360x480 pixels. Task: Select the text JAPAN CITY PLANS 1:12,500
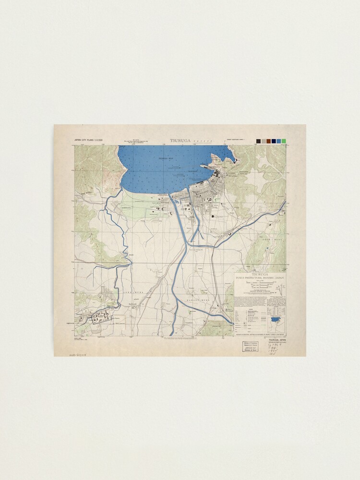(x=89, y=141)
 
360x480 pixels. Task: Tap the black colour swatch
(x=258, y=141)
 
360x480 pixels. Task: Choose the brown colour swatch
(x=269, y=141)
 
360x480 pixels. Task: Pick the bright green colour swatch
(x=284, y=141)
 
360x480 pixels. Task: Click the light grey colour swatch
(x=264, y=141)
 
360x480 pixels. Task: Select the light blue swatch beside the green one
(x=279, y=141)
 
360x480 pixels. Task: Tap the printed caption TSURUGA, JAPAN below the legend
(x=277, y=339)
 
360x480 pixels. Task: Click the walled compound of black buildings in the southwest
(x=102, y=316)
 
